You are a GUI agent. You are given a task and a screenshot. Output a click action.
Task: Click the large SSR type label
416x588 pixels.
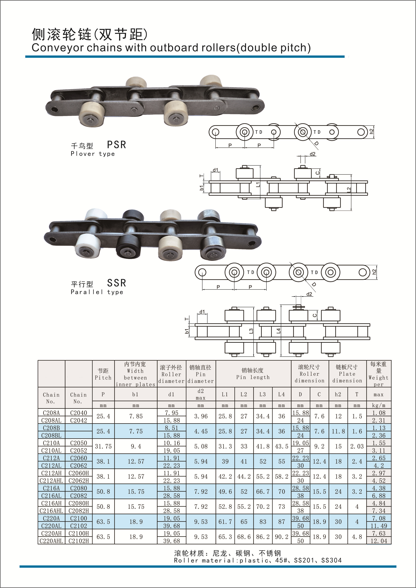tap(117, 283)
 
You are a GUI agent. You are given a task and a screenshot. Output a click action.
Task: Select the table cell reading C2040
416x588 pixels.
tap(79, 413)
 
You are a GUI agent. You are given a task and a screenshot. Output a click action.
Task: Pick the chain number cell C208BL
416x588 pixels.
tap(51, 435)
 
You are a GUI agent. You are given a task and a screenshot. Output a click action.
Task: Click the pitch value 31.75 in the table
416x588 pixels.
tap(103, 446)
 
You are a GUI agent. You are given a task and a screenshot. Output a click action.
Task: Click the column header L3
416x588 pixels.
tap(263, 394)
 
